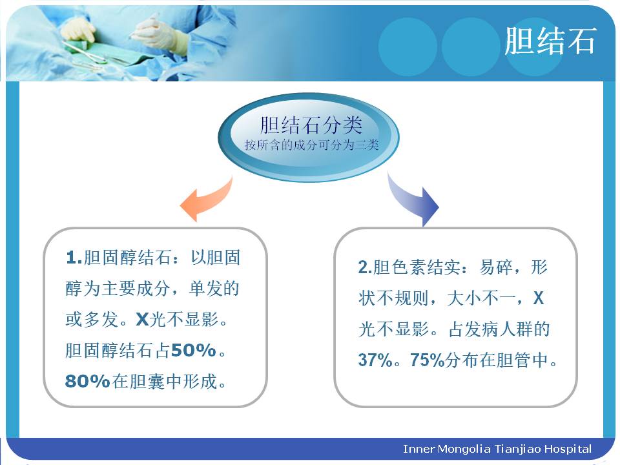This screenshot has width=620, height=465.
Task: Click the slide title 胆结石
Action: pos(550,41)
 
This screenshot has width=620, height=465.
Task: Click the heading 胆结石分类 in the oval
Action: pos(311,125)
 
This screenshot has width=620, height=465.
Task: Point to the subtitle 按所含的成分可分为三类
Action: pos(311,145)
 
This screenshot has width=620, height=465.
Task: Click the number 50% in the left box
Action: pos(193,350)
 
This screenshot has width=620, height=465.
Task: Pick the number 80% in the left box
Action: pos(87,381)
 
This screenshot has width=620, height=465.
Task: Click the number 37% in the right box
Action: pos(375,360)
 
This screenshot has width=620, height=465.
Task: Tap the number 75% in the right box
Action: pos(427,360)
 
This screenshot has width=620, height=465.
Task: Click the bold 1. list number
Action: pos(74,258)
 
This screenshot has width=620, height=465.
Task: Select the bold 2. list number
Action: pos(365,267)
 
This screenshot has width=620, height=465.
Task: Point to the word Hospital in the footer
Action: pos(568,449)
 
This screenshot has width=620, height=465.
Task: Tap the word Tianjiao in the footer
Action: pos(517,449)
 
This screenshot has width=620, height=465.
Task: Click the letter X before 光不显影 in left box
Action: pos(142,320)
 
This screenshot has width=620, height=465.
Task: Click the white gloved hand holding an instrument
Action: pos(158,31)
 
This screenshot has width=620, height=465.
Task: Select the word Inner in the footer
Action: pos(418,449)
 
